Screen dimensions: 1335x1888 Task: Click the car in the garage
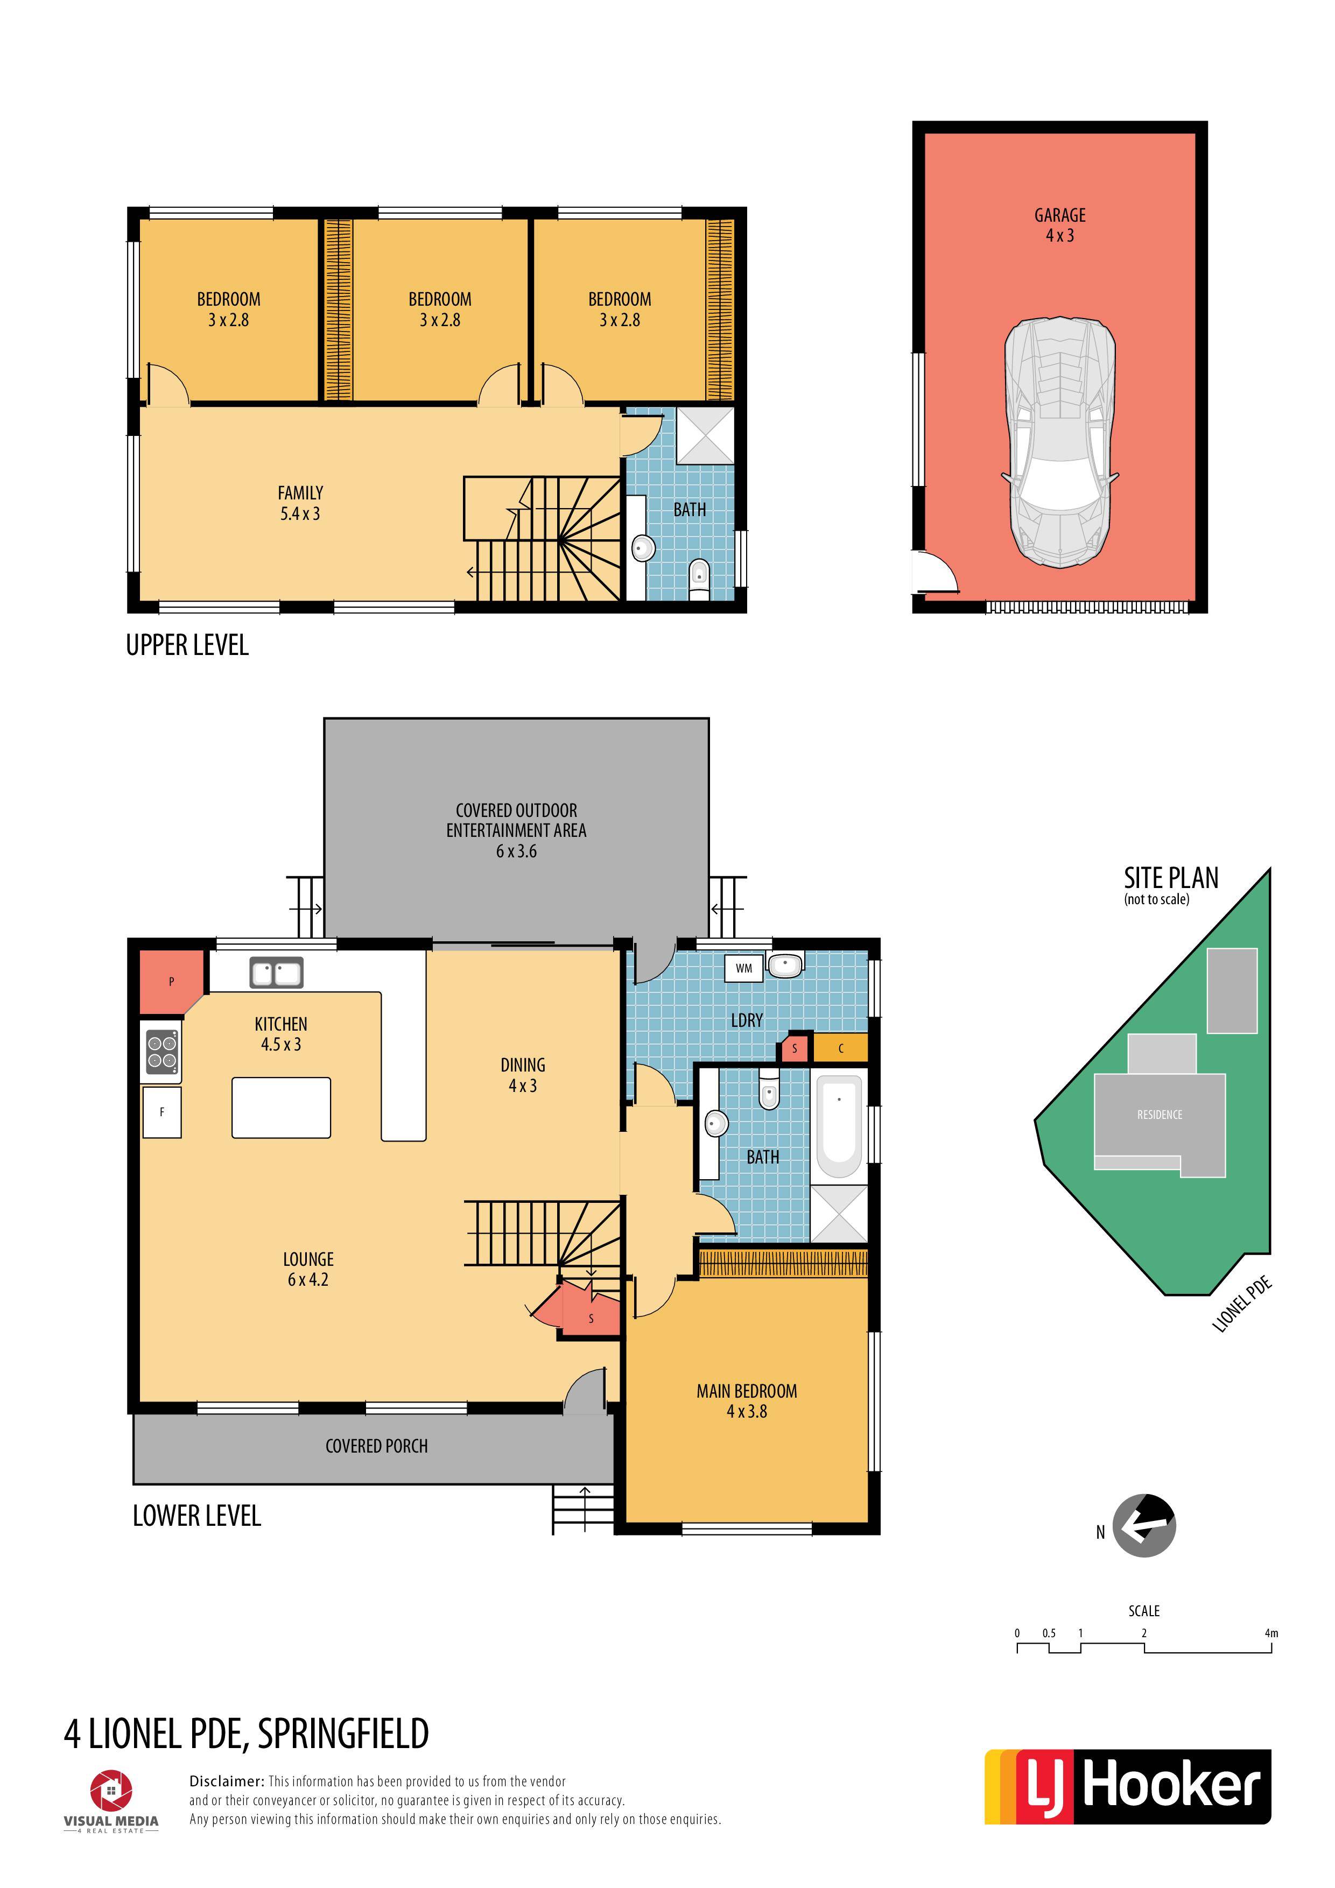point(1059,442)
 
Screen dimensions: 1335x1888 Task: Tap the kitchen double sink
point(276,973)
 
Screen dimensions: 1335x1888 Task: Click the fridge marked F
point(162,1112)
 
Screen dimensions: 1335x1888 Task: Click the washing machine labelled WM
point(743,968)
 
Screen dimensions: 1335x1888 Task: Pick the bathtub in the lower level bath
point(839,1126)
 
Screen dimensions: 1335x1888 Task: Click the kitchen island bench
point(282,1108)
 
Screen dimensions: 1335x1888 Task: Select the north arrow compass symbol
point(1144,1525)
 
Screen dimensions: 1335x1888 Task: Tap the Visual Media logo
point(111,1802)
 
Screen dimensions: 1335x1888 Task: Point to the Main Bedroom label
point(747,1391)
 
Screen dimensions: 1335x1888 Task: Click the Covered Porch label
point(377,1447)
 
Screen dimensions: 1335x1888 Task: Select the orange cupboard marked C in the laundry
point(840,1048)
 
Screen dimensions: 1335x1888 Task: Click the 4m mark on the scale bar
point(1271,1633)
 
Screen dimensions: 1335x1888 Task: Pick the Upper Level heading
point(187,645)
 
